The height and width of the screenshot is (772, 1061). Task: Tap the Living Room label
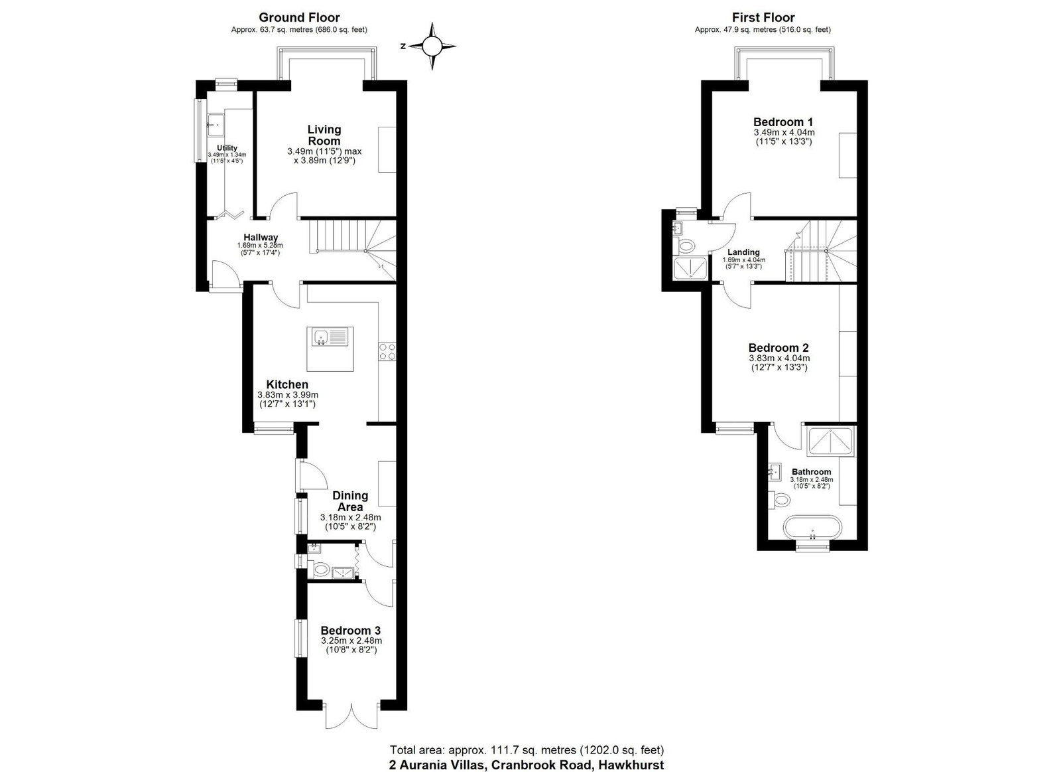pos(324,135)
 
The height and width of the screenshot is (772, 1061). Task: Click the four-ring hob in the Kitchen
pos(387,351)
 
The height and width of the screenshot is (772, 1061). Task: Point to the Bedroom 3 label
pos(351,630)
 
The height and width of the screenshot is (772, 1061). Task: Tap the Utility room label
pos(227,148)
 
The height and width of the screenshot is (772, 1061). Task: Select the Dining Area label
pos(350,501)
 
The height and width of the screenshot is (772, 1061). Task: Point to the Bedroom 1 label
pos(783,122)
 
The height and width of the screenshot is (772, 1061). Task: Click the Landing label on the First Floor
pos(743,252)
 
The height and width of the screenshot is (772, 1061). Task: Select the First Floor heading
pos(763,18)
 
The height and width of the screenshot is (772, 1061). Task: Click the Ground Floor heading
pos(299,18)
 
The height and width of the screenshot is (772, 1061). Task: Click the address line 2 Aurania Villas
pos(526,764)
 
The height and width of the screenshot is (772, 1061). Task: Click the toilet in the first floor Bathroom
pos(781,499)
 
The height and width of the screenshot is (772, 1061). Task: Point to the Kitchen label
pos(287,384)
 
